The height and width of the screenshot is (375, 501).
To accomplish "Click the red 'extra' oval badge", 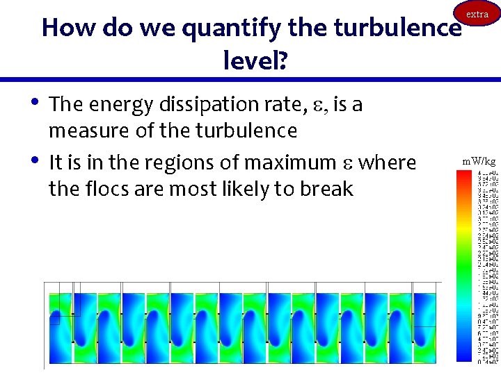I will tap(477, 15).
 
